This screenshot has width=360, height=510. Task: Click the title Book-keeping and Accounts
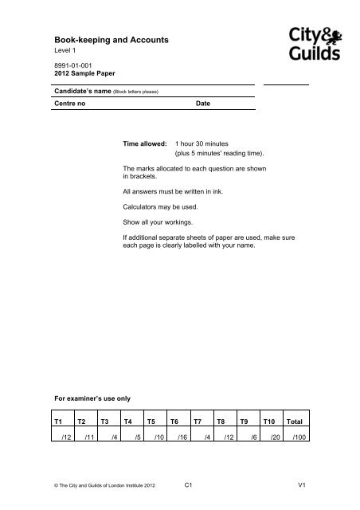(104, 37)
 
